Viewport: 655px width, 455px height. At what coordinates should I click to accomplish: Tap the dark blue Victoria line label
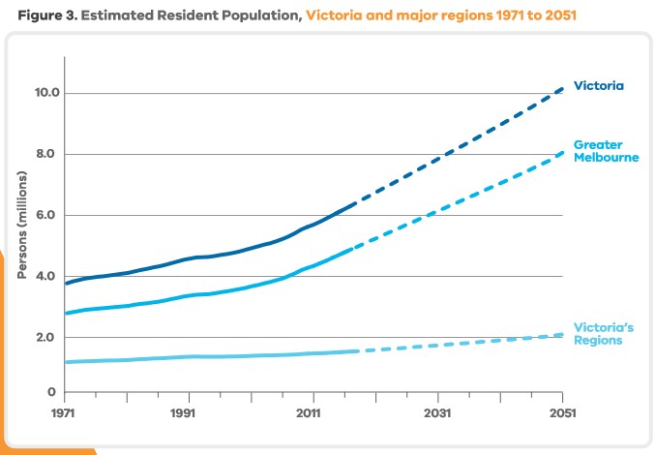click(x=598, y=85)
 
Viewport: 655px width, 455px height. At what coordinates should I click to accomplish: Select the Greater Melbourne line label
click(x=606, y=151)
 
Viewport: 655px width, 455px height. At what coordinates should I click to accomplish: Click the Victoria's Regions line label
click(x=603, y=334)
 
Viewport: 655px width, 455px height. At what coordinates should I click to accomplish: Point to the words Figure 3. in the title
click(x=47, y=15)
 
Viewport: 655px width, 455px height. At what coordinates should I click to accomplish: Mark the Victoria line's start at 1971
click(x=66, y=283)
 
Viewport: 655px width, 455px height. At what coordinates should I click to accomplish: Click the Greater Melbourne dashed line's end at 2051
click(x=562, y=152)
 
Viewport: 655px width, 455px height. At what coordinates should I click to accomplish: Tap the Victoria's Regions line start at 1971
click(x=66, y=362)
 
